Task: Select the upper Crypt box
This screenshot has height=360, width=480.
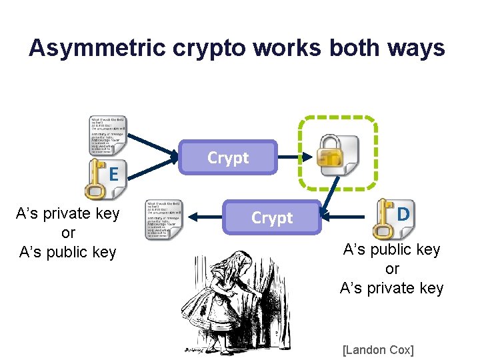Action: [228, 158]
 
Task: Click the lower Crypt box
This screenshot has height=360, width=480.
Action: [272, 218]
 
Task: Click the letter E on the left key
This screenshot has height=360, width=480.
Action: [114, 175]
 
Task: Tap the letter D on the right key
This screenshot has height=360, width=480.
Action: [403, 215]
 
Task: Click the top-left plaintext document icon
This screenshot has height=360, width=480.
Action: [108, 136]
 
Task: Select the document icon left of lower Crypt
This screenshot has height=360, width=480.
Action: [163, 219]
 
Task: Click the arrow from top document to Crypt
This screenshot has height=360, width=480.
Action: [153, 151]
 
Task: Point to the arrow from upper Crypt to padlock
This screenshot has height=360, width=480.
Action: [293, 157]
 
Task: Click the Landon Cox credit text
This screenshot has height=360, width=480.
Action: [377, 350]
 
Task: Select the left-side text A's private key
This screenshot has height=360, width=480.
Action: [68, 213]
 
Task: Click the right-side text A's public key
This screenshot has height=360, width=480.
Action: [391, 249]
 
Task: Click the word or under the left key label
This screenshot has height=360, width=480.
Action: [68, 233]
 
